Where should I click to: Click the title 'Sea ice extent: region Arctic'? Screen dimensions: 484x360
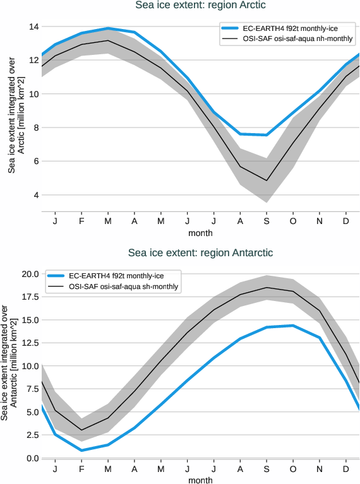[201, 6]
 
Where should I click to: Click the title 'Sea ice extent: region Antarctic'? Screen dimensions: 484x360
[200, 252]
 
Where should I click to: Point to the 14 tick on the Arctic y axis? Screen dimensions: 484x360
[33, 27]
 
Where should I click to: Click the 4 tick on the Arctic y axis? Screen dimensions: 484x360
[35, 195]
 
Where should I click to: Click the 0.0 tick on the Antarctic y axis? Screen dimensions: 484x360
[32, 458]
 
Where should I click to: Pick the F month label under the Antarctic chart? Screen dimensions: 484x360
[81, 469]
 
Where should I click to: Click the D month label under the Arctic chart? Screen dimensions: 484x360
[345, 221]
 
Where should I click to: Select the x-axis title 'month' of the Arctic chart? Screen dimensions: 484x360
[200, 233]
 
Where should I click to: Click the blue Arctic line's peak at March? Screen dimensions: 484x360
[108, 28]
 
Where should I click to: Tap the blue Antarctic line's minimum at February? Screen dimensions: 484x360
[81, 450]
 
